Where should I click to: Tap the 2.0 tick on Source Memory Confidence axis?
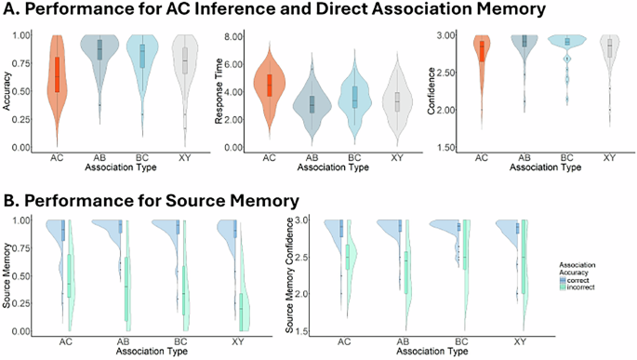(310, 293)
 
